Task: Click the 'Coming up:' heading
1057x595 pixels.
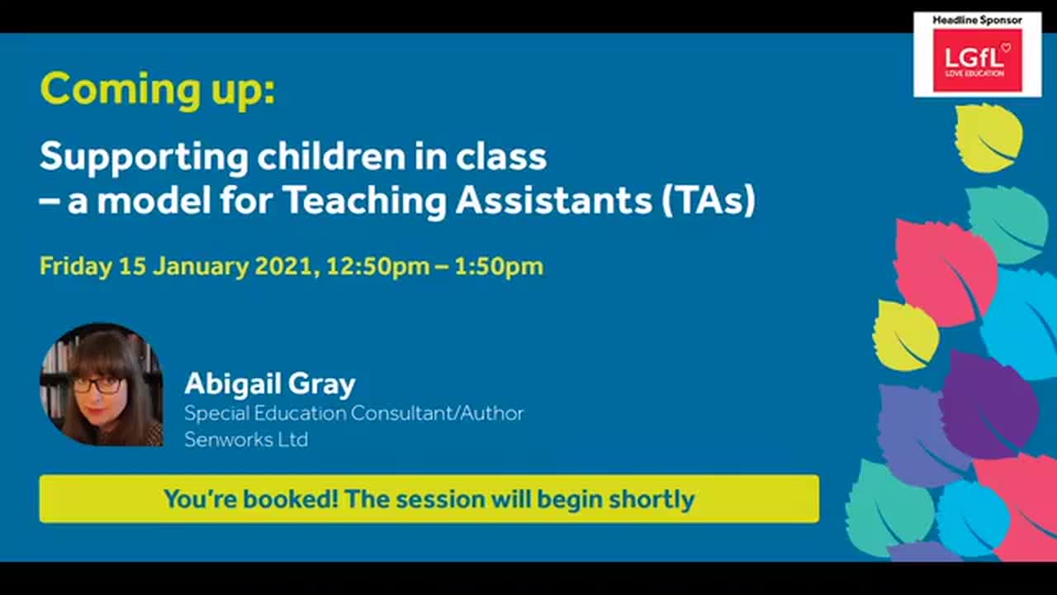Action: pos(157,89)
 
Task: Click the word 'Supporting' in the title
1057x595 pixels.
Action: pos(143,157)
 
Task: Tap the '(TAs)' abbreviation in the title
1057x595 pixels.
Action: pos(709,201)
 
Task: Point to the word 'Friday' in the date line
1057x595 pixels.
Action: pos(75,266)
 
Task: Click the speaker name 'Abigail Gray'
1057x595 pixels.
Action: pos(269,383)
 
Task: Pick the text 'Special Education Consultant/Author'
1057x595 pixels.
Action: pos(353,412)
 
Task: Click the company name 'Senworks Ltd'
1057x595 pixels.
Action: pos(246,439)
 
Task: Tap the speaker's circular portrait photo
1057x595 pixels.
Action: pos(101,385)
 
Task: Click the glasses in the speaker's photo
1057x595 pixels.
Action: pos(97,384)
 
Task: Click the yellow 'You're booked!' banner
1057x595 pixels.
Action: pos(429,499)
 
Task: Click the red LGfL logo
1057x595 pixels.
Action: pos(977,60)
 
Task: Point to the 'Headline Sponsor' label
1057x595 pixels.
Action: pos(977,20)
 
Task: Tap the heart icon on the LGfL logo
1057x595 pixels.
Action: pos(1005,47)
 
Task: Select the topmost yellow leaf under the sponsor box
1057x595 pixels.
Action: pos(988,137)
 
